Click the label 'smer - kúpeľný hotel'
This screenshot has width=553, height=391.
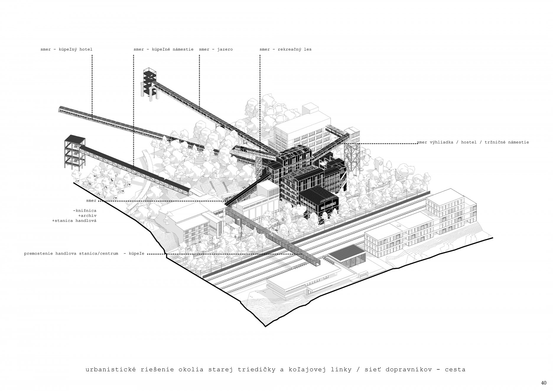coord(66,49)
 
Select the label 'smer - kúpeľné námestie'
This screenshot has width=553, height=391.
coord(163,49)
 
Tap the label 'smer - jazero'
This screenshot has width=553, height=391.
coord(216,49)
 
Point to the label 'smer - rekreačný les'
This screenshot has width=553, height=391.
coord(285,49)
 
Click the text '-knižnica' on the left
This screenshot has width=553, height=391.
coord(84,211)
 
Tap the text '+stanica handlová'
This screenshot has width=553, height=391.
coord(74,221)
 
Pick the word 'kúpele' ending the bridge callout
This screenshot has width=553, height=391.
coord(136,253)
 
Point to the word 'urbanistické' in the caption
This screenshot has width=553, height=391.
coord(111,369)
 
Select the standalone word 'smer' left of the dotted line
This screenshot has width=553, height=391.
coord(91,201)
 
